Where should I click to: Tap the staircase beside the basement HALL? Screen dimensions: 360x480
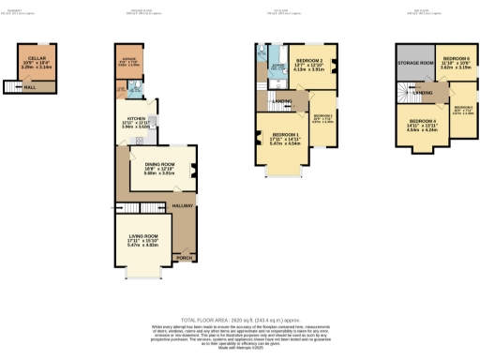(x=12, y=86)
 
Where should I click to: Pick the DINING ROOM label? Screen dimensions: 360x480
(x=156, y=166)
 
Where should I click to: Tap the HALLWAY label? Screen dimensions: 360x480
(x=182, y=204)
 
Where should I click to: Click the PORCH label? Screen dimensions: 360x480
(x=185, y=257)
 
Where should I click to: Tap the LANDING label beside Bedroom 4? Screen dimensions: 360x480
(x=422, y=92)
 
